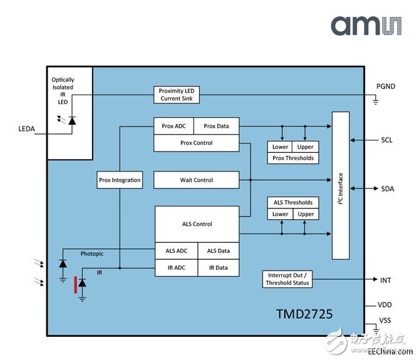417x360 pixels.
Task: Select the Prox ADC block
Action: pos(173,126)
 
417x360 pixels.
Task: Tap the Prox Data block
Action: pos(216,126)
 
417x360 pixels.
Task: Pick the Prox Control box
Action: pos(196,143)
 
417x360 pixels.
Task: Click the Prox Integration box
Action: pos(120,180)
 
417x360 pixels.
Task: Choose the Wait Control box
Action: pos(196,180)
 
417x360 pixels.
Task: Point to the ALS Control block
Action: pos(197,224)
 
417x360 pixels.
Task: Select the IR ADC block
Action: pos(177,267)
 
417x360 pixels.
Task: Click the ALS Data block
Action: pos(218,251)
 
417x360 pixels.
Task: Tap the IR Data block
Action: pos(218,267)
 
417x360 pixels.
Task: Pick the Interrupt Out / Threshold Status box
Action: pos(287,279)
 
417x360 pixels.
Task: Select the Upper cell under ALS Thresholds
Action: pos(306,214)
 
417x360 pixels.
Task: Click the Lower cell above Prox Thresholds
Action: pos(280,147)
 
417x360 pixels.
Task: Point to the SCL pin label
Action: pos(386,140)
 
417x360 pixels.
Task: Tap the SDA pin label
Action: pos(387,188)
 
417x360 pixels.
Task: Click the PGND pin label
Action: pos(386,86)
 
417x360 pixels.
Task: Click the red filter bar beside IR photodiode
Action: pos(76,284)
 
